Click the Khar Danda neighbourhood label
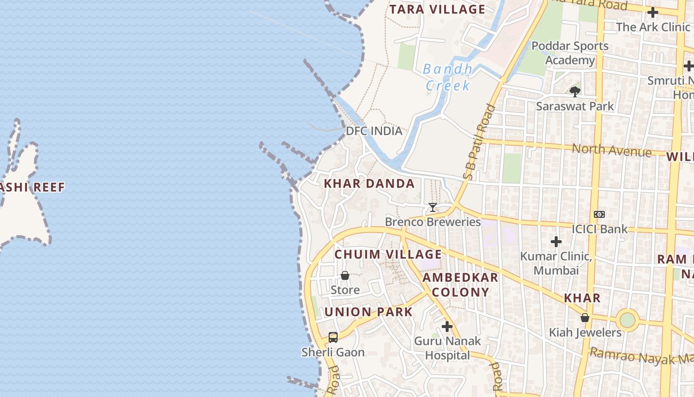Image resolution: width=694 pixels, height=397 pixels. click(x=369, y=184)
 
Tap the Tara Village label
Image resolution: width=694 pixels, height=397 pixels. click(x=437, y=9)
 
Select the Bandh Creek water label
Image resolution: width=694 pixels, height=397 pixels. click(x=448, y=77)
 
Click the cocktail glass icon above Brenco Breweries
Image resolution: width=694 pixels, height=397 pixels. click(x=433, y=207)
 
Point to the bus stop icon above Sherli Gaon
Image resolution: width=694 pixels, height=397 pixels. click(x=333, y=337)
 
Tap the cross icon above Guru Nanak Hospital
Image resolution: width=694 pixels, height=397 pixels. click(x=447, y=327)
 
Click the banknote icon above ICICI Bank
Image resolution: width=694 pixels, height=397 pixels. click(x=599, y=214)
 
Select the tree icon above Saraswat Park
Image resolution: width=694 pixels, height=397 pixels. click(x=575, y=91)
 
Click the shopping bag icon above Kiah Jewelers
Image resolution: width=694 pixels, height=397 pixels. click(x=585, y=318)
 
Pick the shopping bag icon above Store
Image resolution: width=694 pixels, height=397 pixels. click(x=345, y=275)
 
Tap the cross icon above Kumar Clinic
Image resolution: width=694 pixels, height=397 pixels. click(x=556, y=242)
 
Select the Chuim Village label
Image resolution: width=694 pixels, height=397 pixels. click(x=388, y=255)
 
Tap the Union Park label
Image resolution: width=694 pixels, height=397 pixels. click(x=368, y=312)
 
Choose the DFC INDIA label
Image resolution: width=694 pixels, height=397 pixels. click(x=374, y=131)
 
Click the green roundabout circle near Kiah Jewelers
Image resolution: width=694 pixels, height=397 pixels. click(x=628, y=320)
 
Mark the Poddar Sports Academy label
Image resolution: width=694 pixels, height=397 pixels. click(x=570, y=53)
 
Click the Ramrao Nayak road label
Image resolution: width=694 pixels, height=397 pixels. click(x=639, y=356)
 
